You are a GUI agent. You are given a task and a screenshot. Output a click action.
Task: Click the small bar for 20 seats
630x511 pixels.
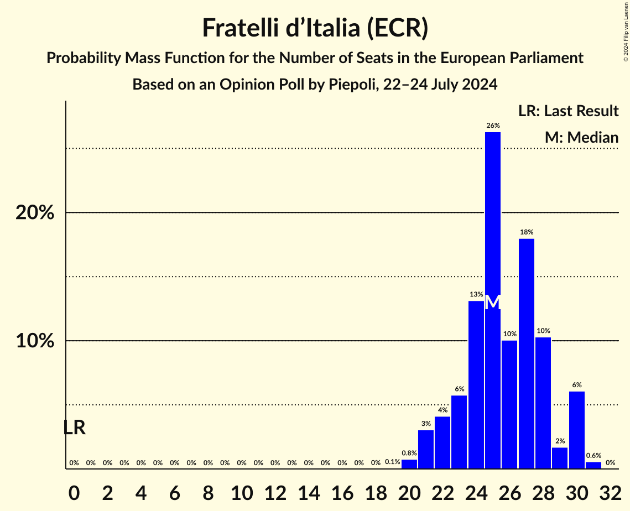click(x=409, y=465)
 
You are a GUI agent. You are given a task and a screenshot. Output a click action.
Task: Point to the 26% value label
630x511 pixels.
click(x=493, y=126)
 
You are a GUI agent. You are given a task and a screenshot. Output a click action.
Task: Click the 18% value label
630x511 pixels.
click(x=527, y=232)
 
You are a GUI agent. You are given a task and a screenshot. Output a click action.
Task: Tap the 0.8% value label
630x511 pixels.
click(x=409, y=453)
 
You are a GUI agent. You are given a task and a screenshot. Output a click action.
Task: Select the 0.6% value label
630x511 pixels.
click(x=593, y=456)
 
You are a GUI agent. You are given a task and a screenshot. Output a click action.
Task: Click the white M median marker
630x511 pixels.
click(x=493, y=303)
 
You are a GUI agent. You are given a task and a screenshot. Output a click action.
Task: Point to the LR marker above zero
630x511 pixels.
click(x=74, y=427)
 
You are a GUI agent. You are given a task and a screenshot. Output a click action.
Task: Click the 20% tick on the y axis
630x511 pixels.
click(x=35, y=213)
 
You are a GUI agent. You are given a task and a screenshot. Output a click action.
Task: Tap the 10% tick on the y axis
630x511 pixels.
click(x=35, y=341)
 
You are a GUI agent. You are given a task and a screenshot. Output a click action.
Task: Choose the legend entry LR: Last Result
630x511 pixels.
click(x=568, y=111)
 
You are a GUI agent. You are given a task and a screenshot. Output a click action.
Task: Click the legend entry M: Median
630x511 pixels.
click(x=581, y=138)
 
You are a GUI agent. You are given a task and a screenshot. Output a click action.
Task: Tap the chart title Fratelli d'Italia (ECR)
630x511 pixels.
click(x=315, y=28)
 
